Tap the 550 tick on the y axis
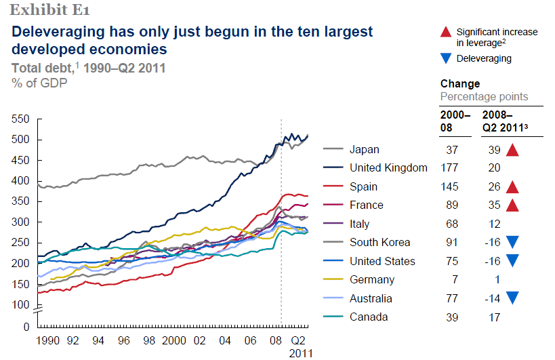pyautogui.click(x=21, y=119)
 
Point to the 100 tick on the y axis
pyautogui.click(x=21, y=304)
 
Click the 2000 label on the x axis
pyautogui.click(x=174, y=340)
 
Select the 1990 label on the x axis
pyautogui.click(x=47, y=340)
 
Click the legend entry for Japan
pyautogui.click(x=365, y=150)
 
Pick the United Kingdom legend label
pyautogui.click(x=388, y=168)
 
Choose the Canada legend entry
pyautogui.click(x=368, y=317)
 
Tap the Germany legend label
pyautogui.click(x=372, y=279)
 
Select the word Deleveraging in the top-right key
pyautogui.click(x=484, y=59)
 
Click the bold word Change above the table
pyautogui.click(x=460, y=84)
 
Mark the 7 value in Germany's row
pyautogui.click(x=455, y=279)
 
